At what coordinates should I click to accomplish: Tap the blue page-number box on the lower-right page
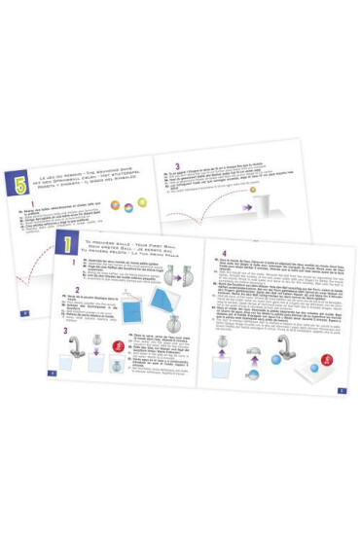342,391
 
